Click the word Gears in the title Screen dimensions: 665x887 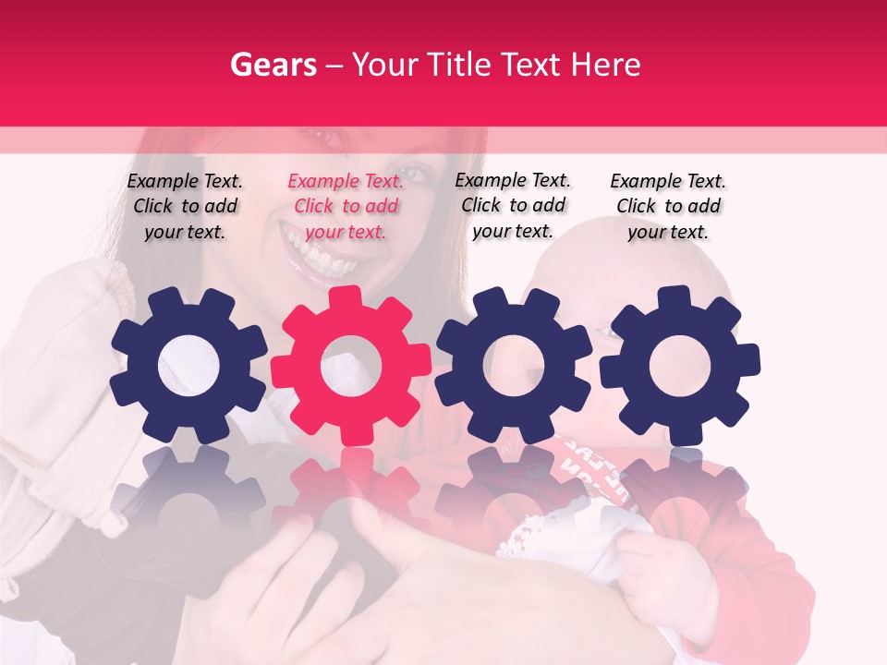point(273,65)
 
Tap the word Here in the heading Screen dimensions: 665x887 point(605,65)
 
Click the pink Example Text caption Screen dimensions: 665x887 point(346,206)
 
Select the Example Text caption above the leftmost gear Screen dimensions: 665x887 point(185,206)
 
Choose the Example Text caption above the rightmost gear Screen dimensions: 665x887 point(668,206)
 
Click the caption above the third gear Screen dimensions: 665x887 point(513,205)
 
